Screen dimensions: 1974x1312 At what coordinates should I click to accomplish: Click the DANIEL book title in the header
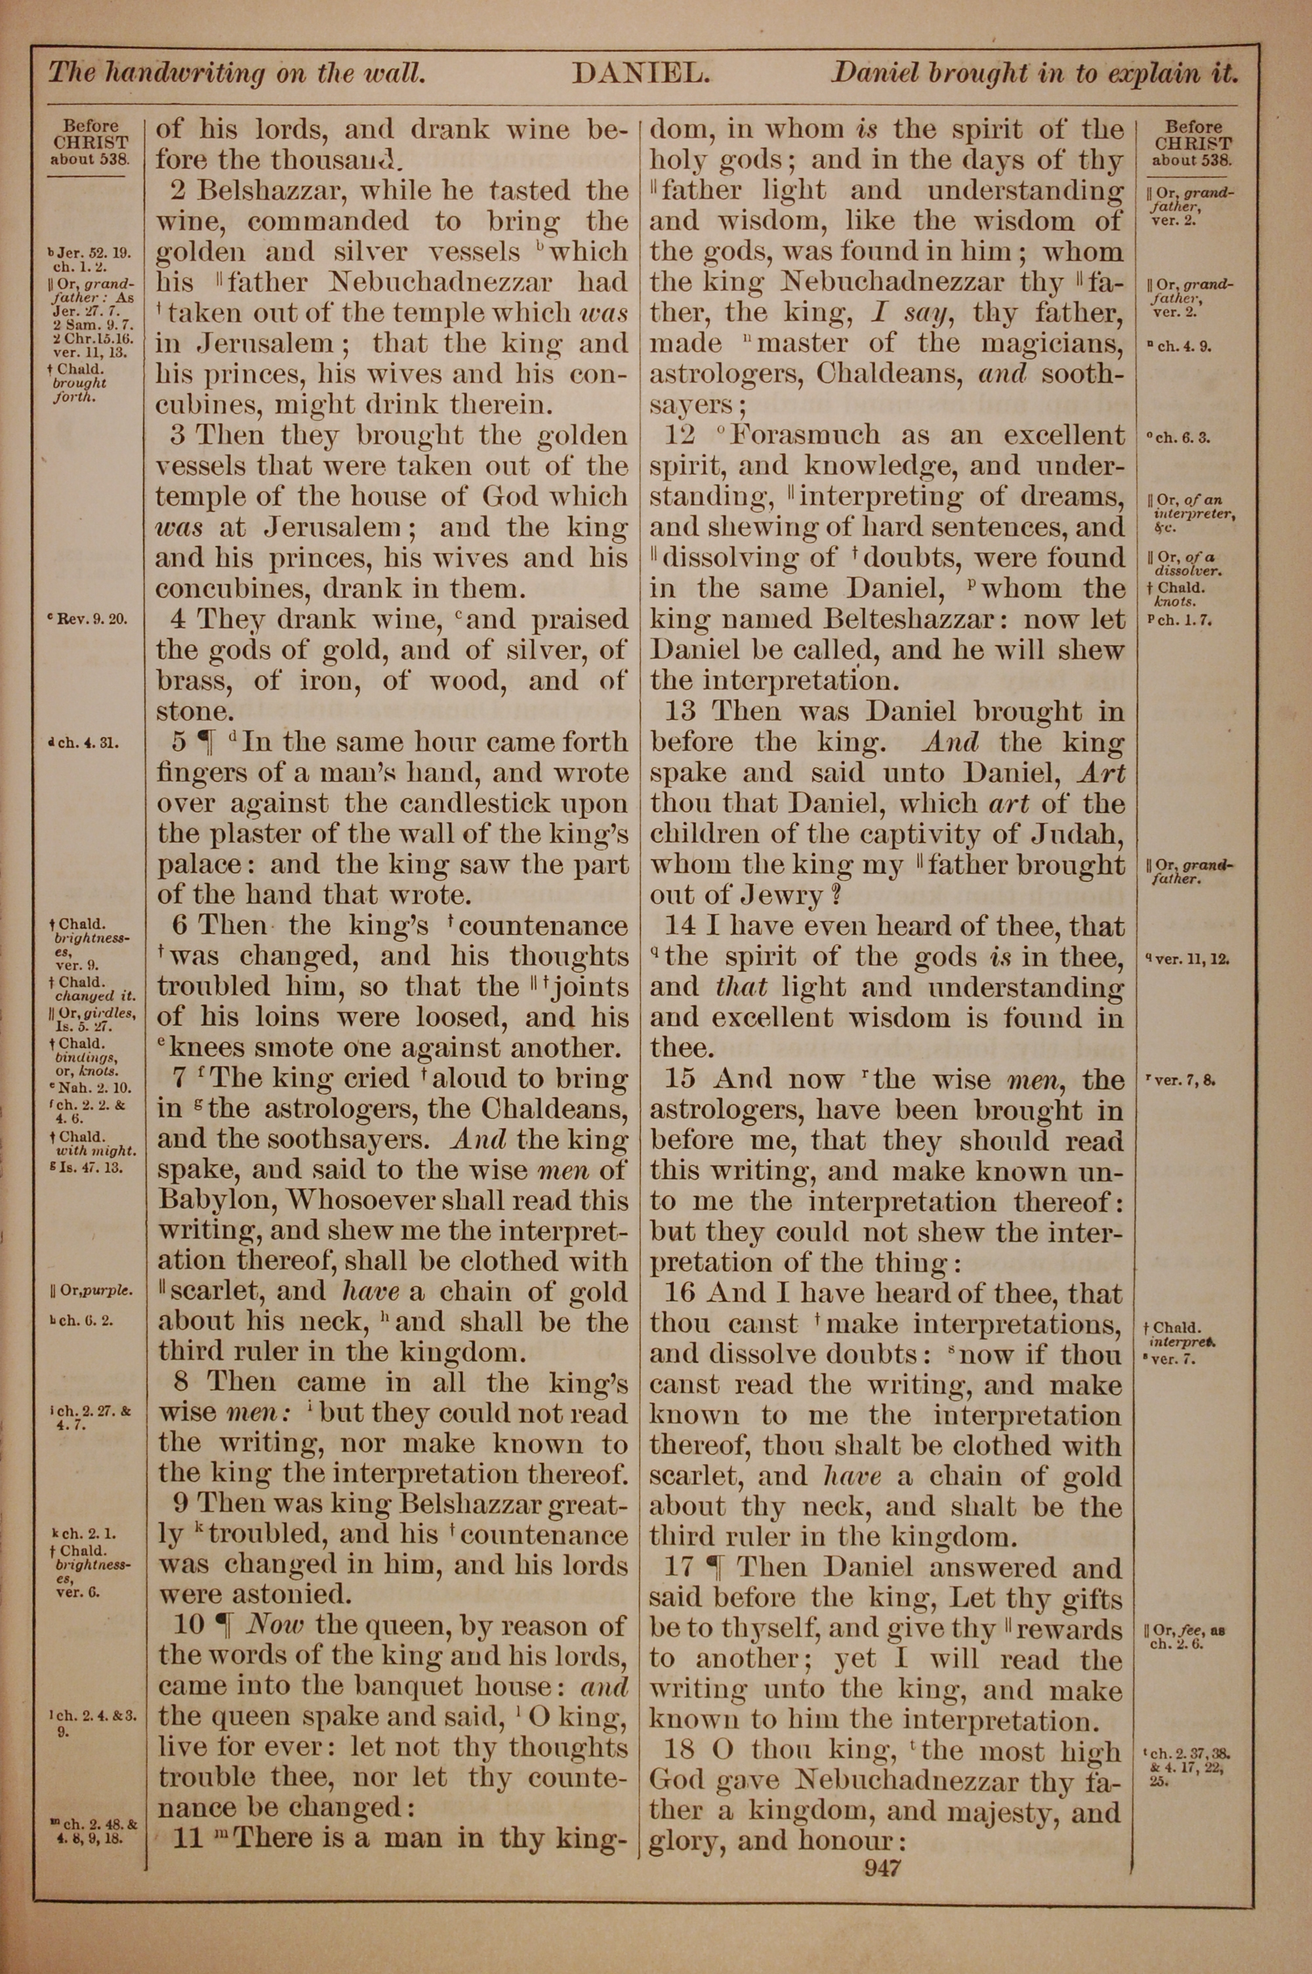point(641,73)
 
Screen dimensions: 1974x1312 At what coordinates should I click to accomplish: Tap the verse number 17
point(680,1566)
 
